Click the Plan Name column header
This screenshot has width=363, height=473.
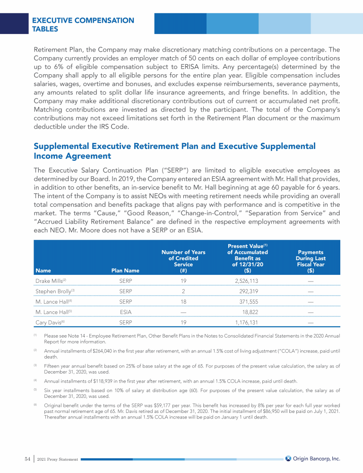[125, 271]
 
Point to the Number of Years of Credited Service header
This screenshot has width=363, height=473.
[183, 262]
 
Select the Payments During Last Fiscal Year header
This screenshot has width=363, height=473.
[311, 262]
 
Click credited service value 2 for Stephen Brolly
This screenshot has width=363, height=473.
[183, 292]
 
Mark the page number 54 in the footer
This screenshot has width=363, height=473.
[27, 458]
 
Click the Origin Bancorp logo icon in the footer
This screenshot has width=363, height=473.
[288, 458]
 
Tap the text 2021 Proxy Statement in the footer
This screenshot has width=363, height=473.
[57, 459]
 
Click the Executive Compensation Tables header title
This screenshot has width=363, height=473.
[83, 25]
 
